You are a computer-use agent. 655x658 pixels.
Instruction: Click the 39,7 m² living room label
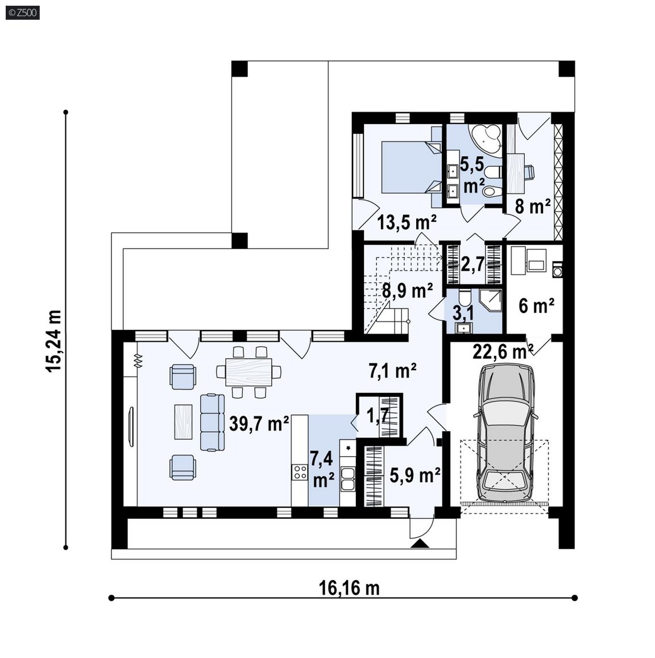(259, 424)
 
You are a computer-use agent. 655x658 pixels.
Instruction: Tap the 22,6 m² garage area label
(503, 351)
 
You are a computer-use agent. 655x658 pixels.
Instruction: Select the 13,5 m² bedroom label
(407, 222)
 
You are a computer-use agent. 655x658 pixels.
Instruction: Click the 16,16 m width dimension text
(349, 588)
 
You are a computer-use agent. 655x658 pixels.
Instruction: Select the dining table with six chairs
(248, 372)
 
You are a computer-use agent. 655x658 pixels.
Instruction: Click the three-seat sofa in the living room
(212, 422)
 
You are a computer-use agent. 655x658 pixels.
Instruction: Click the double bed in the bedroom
(411, 167)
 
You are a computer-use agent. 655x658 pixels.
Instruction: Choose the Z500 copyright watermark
(23, 13)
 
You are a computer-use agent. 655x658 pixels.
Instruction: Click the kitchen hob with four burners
(300, 472)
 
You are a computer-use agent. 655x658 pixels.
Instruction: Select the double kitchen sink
(348, 479)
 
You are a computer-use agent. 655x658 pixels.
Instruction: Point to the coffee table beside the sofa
(184, 422)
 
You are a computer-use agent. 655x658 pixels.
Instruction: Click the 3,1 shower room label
(463, 313)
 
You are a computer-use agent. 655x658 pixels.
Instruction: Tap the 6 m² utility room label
(536, 306)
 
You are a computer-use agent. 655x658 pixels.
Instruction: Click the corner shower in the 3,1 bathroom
(490, 300)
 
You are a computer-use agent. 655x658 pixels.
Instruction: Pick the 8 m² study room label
(533, 206)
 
